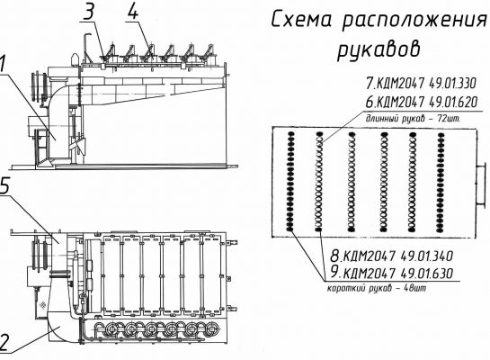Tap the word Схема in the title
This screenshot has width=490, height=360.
click(301, 20)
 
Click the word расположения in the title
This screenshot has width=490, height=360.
click(415, 22)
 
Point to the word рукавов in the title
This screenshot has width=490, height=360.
click(379, 49)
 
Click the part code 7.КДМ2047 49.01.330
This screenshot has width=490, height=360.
click(421, 83)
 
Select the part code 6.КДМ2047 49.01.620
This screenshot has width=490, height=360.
click(422, 102)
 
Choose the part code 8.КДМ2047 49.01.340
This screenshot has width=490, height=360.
click(392, 256)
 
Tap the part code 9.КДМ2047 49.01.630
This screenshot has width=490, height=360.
click(392, 273)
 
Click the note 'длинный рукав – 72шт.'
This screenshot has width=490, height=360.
click(413, 119)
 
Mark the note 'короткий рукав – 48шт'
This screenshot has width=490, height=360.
click(377, 288)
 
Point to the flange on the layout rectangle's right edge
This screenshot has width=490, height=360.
click(481, 184)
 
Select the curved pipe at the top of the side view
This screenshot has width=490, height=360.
click(85, 47)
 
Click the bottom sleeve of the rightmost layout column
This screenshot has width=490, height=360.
click(441, 229)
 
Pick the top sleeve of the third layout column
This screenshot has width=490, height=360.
click(352, 134)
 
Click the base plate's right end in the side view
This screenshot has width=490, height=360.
click(236, 166)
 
